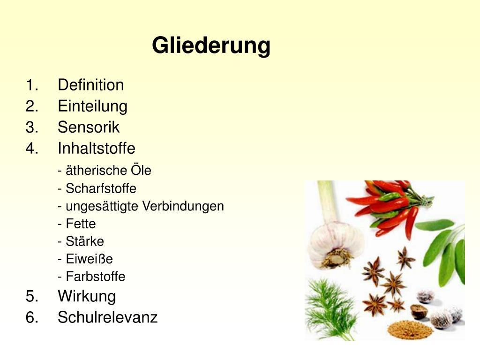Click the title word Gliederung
pos(211,46)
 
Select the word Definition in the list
pos(90,85)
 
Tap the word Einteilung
pos(92,106)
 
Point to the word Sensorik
pos(89,127)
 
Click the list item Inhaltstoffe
pos(96,149)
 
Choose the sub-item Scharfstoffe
pos(101,188)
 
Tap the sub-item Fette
pos(81,224)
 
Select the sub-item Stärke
pos(84,241)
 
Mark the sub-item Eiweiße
pos(89,259)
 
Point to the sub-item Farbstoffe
pos(95,277)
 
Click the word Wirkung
pos(87,296)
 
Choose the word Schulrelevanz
pos(107,317)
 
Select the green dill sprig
pos(331,309)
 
